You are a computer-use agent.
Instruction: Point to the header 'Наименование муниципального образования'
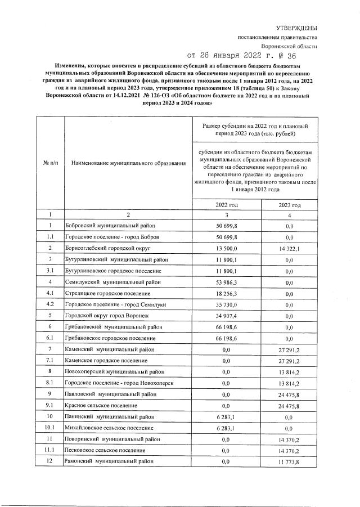[x=129, y=163]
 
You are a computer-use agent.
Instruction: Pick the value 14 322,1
[x=289, y=248]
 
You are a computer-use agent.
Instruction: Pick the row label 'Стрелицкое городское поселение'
[x=109, y=293]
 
